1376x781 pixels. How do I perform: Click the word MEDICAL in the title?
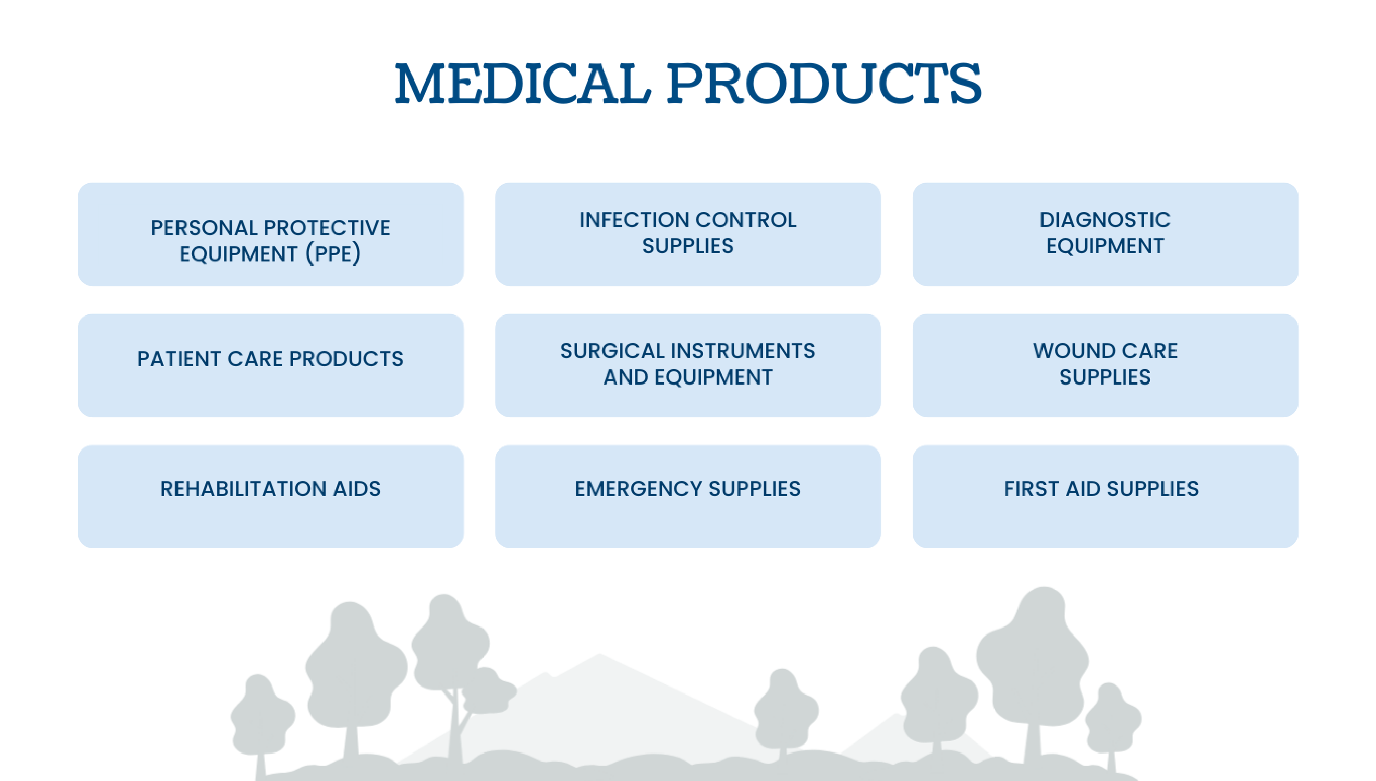pos(523,83)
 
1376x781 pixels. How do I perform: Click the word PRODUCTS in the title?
pos(824,83)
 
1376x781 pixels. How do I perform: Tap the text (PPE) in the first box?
pos(333,254)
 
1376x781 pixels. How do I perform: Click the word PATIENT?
pos(179,359)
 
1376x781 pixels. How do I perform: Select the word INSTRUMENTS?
pos(744,351)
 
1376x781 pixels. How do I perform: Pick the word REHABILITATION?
pos(243,489)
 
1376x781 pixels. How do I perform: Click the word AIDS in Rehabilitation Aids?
pos(357,489)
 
